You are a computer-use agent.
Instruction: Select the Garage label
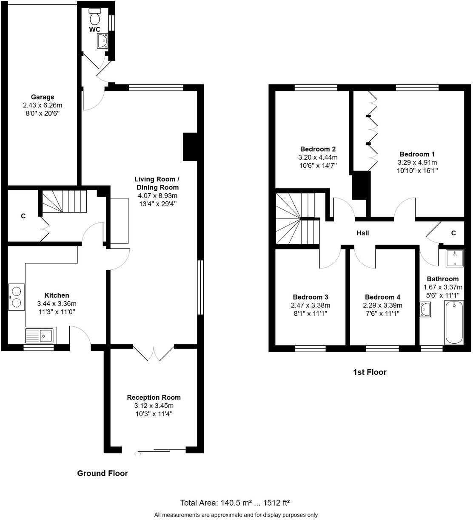42,97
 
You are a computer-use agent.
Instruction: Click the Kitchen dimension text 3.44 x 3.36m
57,304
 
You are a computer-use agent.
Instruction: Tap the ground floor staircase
64,201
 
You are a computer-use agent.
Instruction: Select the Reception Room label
154,398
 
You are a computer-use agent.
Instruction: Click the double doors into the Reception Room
154,353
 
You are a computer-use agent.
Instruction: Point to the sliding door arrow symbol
138,454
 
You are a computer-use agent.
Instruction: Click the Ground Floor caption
102,473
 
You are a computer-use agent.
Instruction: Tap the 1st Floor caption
370,372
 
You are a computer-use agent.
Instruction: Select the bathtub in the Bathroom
454,322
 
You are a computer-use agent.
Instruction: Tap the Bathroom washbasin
425,310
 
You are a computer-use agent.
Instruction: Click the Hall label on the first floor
362,233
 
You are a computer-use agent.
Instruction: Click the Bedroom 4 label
382,297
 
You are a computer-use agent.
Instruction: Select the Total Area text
235,503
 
